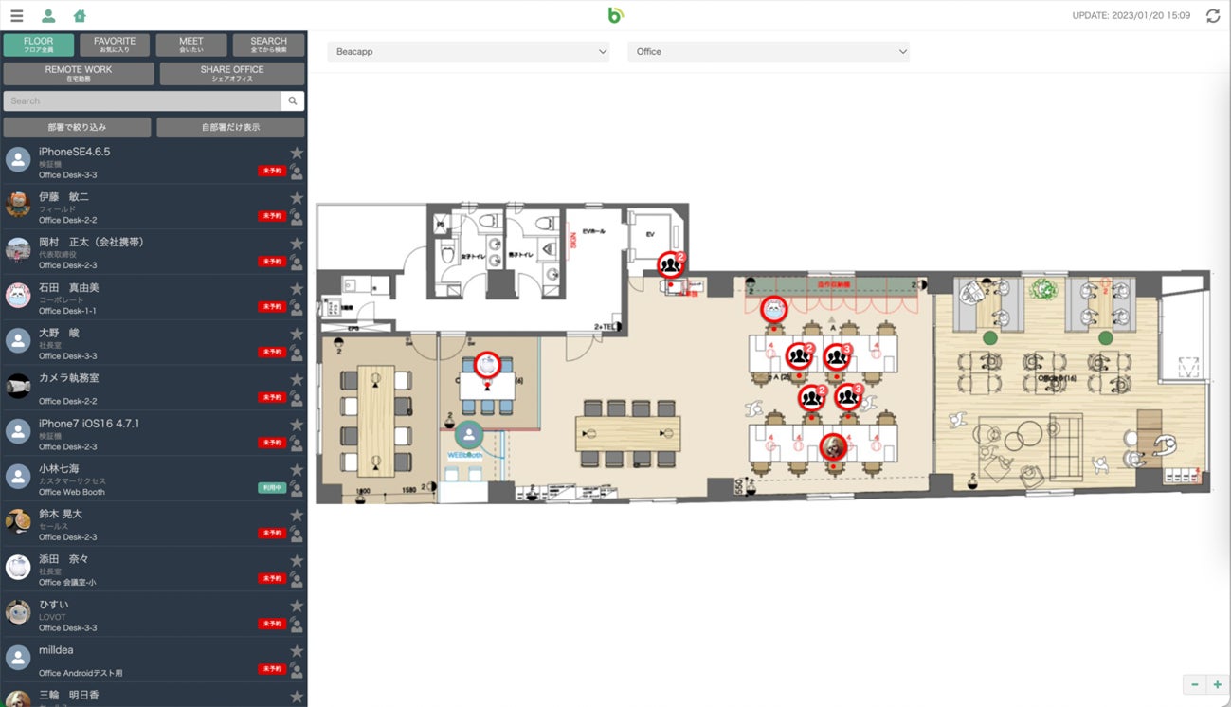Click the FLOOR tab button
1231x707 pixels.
39,45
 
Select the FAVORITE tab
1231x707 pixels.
115,45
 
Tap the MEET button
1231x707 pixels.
191,45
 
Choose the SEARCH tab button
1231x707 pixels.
268,45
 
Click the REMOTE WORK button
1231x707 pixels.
79,73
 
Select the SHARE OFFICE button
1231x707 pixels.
232,73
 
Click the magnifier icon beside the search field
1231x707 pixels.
293,100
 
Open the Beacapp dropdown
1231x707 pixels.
468,51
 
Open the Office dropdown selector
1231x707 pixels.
768,51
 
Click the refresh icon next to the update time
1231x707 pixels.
1213,16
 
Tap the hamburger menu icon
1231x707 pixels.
16,16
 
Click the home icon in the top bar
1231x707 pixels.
80,16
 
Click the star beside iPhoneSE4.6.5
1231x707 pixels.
297,153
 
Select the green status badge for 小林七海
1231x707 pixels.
272,487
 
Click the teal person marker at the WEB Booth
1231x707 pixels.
469,435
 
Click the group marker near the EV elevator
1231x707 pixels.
671,264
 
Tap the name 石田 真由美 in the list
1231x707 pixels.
69,287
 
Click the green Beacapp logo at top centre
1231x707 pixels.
615,15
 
